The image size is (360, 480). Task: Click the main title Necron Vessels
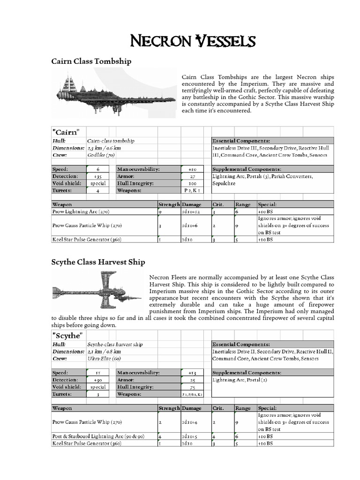[x=193, y=42]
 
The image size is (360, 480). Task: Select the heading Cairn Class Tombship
[x=91, y=61]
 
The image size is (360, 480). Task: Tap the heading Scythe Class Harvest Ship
[x=98, y=262]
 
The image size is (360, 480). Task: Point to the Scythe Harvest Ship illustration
[x=97, y=293]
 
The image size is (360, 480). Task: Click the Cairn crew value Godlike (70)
[x=101, y=155]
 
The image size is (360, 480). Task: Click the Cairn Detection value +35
[x=98, y=176]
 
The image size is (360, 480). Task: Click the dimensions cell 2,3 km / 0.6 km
[x=104, y=148]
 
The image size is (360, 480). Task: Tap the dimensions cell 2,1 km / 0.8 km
[x=104, y=352]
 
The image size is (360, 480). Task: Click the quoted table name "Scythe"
[x=68, y=336]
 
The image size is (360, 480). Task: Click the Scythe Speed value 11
[x=98, y=373]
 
